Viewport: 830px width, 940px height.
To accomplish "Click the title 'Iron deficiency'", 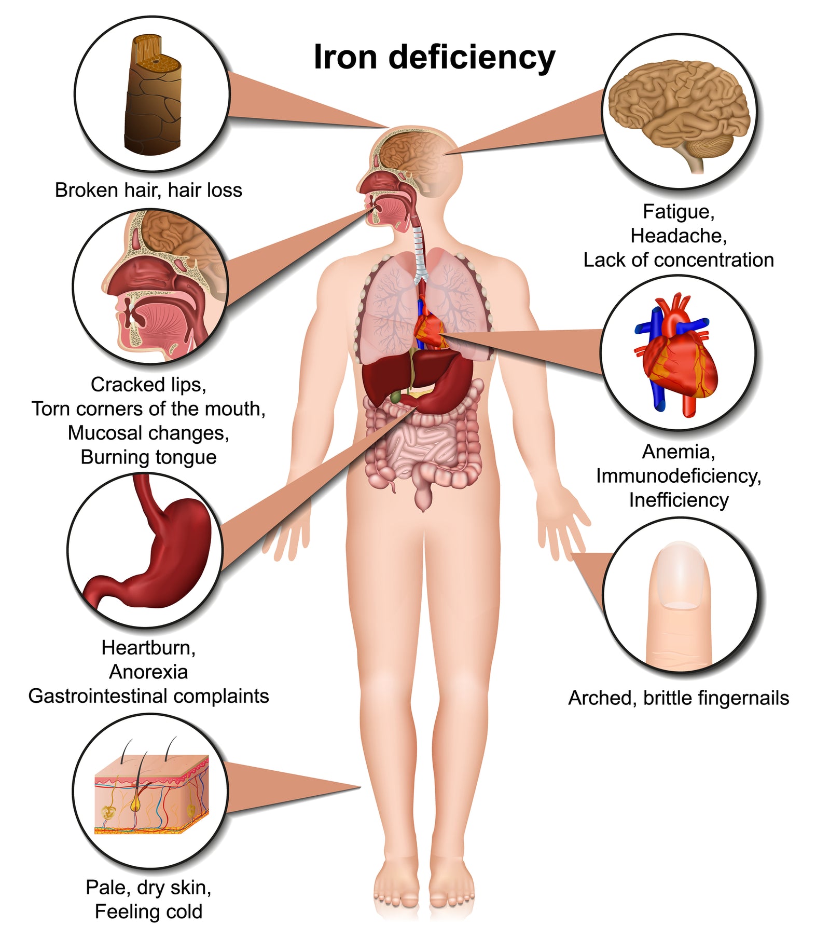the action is point(434,58).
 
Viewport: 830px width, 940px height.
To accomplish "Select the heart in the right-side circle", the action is point(677,355).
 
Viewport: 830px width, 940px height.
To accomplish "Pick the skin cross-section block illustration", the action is point(151,794).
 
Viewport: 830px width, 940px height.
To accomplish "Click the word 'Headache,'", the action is point(679,236).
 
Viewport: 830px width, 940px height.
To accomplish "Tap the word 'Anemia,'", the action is point(679,452).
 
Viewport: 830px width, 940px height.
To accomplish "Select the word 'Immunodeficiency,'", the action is point(679,476).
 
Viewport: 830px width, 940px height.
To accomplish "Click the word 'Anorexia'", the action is point(148,672).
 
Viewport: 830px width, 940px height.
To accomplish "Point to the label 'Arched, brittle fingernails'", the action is point(679,699).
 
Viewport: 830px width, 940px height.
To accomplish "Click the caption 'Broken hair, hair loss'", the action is point(148,190).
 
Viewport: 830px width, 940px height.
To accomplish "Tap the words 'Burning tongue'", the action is point(148,458).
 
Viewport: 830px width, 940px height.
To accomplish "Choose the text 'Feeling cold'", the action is point(148,912).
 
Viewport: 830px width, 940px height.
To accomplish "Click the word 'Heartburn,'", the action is point(148,648).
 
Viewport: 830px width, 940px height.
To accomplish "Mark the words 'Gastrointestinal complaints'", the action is point(148,697).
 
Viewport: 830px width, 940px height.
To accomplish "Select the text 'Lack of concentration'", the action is point(679,261).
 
